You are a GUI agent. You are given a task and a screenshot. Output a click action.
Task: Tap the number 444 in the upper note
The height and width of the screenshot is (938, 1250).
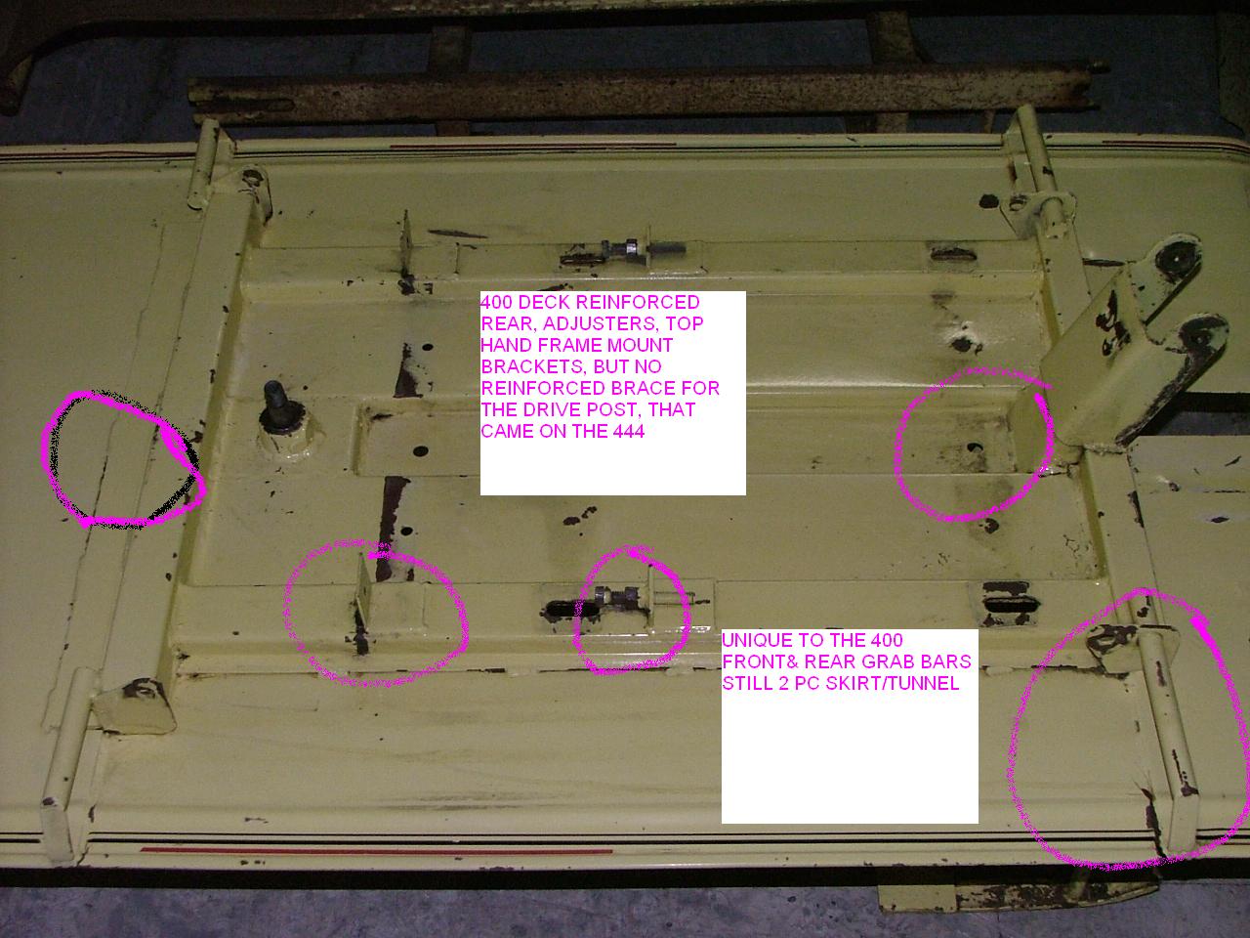click(x=623, y=431)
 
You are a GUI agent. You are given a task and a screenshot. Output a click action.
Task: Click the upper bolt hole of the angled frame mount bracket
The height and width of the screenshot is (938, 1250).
click(x=1171, y=257)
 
